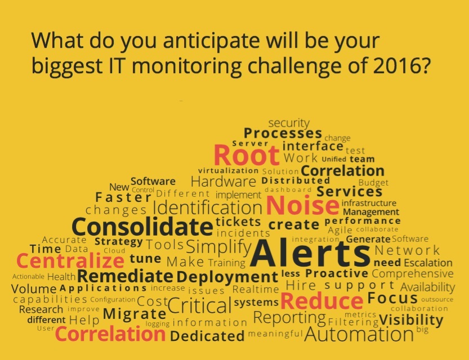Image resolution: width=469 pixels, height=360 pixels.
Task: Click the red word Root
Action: point(247,155)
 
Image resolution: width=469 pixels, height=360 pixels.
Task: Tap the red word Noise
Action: point(302,205)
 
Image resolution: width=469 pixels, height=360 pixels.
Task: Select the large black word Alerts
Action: point(310,253)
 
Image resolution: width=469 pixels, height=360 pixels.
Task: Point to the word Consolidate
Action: point(142,227)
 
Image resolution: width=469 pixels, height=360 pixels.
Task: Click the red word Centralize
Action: point(70,261)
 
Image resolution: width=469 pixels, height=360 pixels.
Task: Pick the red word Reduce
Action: point(322,301)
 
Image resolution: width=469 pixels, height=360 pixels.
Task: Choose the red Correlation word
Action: point(110,334)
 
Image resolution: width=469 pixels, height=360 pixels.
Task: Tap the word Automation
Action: point(359,334)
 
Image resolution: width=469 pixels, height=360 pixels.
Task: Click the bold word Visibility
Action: point(411,320)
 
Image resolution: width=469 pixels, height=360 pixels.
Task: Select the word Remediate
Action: point(125,276)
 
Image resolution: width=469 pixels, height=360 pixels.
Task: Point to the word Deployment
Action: point(227,277)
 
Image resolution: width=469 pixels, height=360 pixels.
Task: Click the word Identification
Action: point(208,208)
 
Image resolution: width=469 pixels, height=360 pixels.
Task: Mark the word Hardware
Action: point(224,181)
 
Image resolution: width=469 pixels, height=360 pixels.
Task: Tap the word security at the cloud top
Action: point(289,123)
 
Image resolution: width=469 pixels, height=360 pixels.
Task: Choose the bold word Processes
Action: point(283,133)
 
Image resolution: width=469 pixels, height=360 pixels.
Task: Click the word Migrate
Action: point(135,314)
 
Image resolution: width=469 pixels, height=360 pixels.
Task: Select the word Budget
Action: point(373,183)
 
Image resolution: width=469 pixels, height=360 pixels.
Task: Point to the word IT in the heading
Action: point(114,66)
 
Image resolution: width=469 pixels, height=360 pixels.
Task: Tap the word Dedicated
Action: point(207,336)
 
